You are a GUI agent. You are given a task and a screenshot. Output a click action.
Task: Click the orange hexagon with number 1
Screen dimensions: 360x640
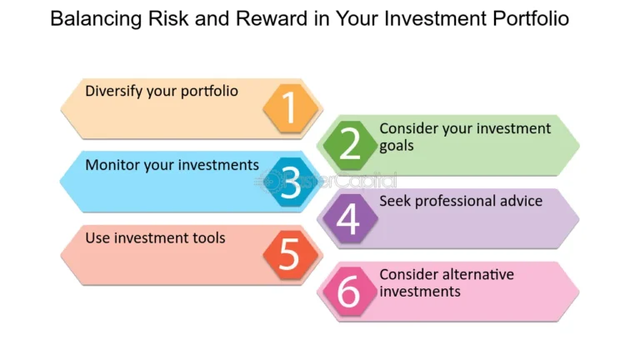pos(290,108)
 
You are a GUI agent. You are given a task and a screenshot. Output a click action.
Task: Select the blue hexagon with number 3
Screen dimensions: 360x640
pos(290,181)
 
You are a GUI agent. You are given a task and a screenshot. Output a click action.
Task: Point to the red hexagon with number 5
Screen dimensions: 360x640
pos(289,254)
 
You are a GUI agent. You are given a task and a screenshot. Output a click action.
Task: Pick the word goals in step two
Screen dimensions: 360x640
pos(397,145)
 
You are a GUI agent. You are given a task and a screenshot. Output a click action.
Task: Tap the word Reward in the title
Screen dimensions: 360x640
pos(269,18)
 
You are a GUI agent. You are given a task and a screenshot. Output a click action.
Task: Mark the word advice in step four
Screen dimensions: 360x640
pos(521,201)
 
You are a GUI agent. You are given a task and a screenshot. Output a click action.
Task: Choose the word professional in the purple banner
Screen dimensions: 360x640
pos(461,201)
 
